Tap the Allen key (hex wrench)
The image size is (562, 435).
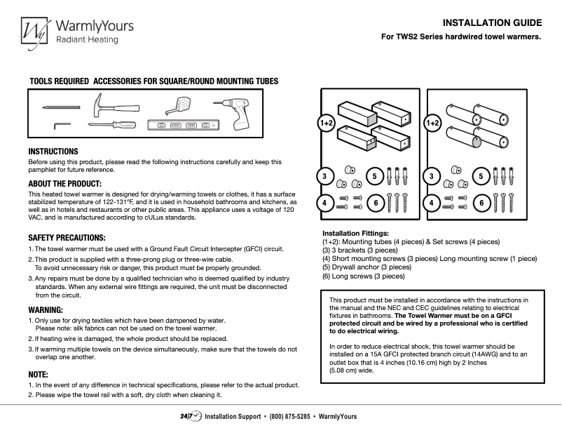[62, 125]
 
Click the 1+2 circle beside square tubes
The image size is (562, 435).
[327, 123]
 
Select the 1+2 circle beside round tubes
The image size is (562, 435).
[433, 123]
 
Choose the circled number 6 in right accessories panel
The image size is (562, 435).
[481, 203]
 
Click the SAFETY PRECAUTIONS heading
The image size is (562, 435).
[67, 238]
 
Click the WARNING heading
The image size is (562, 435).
[46, 309]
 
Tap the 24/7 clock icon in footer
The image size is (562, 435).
[191, 416]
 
